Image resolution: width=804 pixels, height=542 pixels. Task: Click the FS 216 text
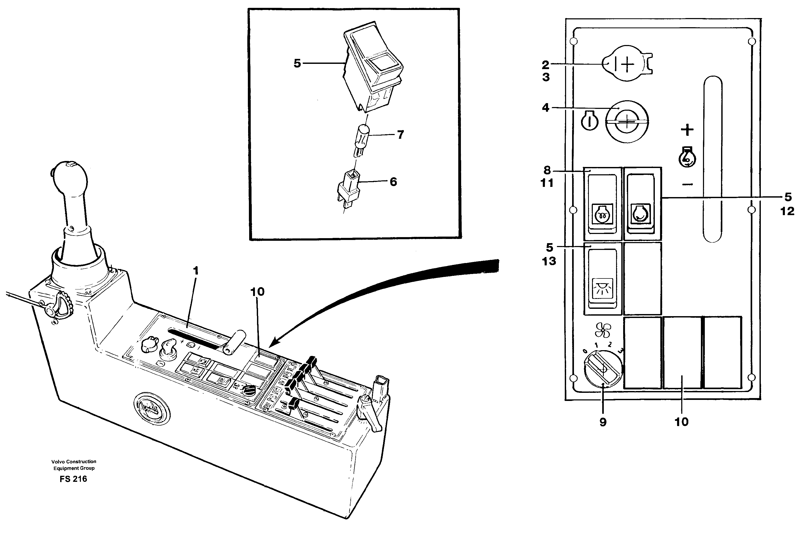(73, 479)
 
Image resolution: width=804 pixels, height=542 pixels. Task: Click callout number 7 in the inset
(400, 135)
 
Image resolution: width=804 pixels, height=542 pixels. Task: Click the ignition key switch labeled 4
(627, 121)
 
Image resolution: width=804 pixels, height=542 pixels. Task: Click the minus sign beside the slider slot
(687, 184)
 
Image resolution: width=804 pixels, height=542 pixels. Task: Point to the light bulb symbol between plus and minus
(687, 157)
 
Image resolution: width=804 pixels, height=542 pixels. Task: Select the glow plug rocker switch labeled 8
(602, 204)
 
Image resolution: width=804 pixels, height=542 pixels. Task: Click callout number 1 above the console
(196, 271)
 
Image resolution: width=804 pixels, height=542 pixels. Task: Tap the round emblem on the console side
(151, 410)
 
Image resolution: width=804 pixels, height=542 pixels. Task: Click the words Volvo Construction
(74, 461)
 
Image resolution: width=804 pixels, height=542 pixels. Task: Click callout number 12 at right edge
(787, 211)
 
